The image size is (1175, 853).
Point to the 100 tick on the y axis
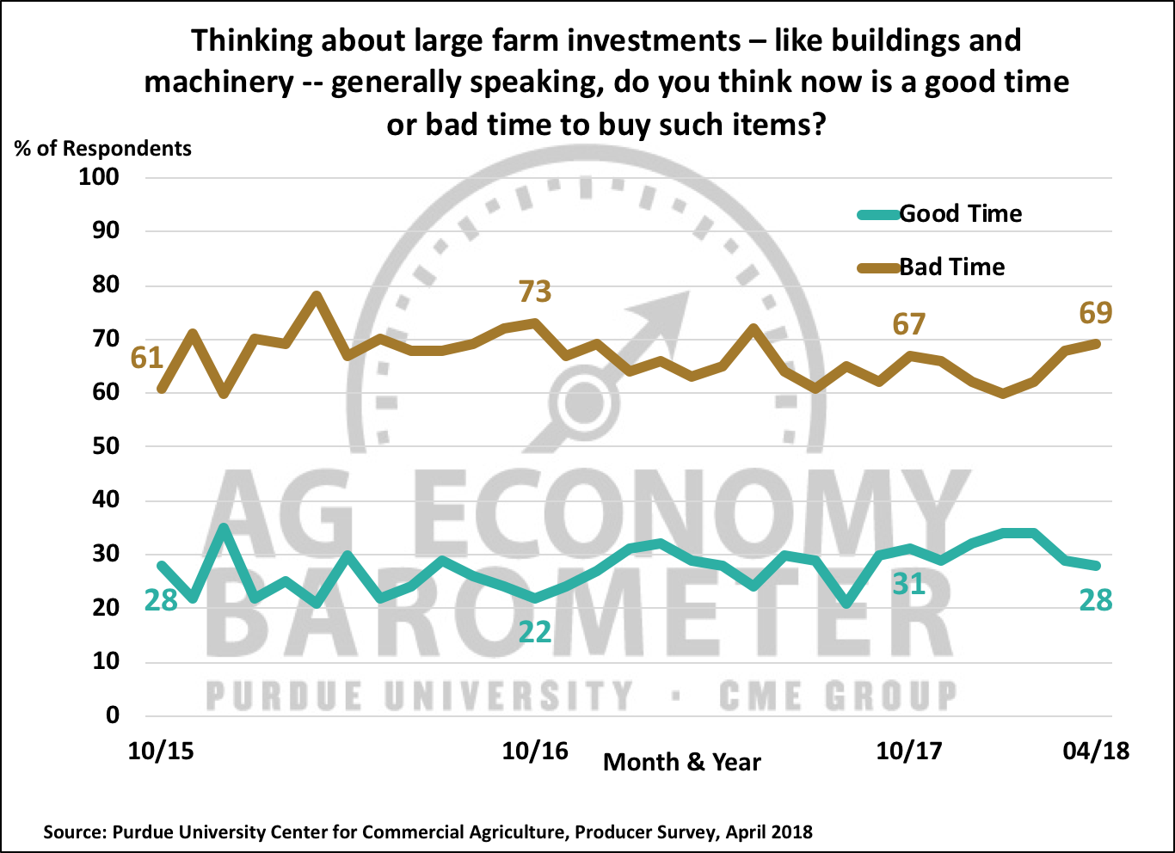(99, 177)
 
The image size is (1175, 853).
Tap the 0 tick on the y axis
(112, 715)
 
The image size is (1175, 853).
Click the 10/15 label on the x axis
(161, 751)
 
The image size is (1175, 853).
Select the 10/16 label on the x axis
(535, 751)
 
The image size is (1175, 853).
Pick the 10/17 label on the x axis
(909, 751)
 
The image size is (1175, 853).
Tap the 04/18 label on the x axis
(1096, 751)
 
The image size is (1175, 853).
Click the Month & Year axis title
(682, 762)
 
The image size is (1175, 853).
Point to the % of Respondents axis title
(103, 148)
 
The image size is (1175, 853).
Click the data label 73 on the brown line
(534, 292)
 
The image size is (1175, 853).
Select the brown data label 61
(147, 357)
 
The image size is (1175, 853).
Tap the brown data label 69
(1096, 313)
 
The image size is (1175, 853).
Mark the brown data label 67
(909, 324)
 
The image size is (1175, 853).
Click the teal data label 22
(534, 633)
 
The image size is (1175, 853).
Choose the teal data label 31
(909, 585)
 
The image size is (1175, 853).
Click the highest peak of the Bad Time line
(317, 295)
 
